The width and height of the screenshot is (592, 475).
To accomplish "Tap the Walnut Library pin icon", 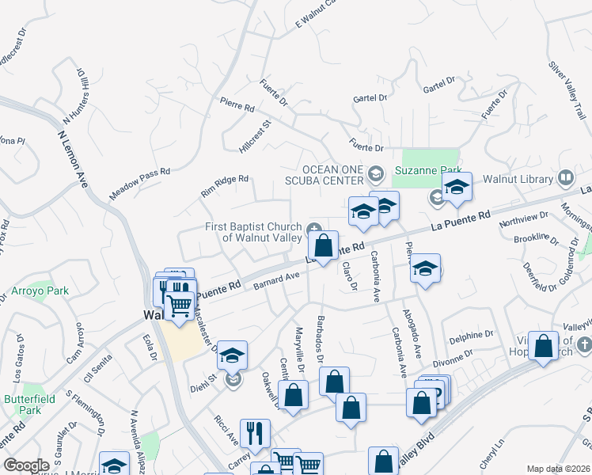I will click(566, 178).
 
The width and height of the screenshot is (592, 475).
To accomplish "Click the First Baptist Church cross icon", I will click(315, 229).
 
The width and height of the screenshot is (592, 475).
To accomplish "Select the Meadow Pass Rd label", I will click(140, 183).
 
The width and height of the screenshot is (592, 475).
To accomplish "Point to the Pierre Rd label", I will click(237, 104).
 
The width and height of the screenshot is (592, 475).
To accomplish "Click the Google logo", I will click(26, 465).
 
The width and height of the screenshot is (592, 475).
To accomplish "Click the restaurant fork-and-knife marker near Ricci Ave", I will click(255, 432).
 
